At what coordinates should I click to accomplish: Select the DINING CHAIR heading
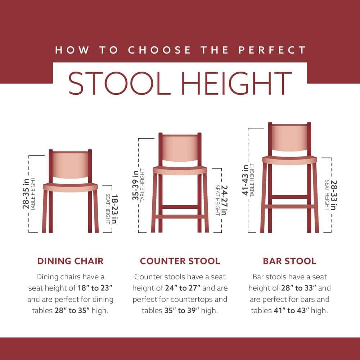(x=71, y=261)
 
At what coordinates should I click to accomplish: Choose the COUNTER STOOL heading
(x=180, y=261)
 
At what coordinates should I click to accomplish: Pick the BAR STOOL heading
(x=289, y=261)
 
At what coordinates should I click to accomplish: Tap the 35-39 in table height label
(x=139, y=185)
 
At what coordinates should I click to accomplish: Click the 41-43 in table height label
(x=248, y=180)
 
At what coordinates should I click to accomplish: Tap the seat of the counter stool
(x=180, y=170)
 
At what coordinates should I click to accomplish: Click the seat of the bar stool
(x=289, y=159)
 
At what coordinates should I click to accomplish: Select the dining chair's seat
(x=70, y=187)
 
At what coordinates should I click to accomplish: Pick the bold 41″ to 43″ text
(x=288, y=310)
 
